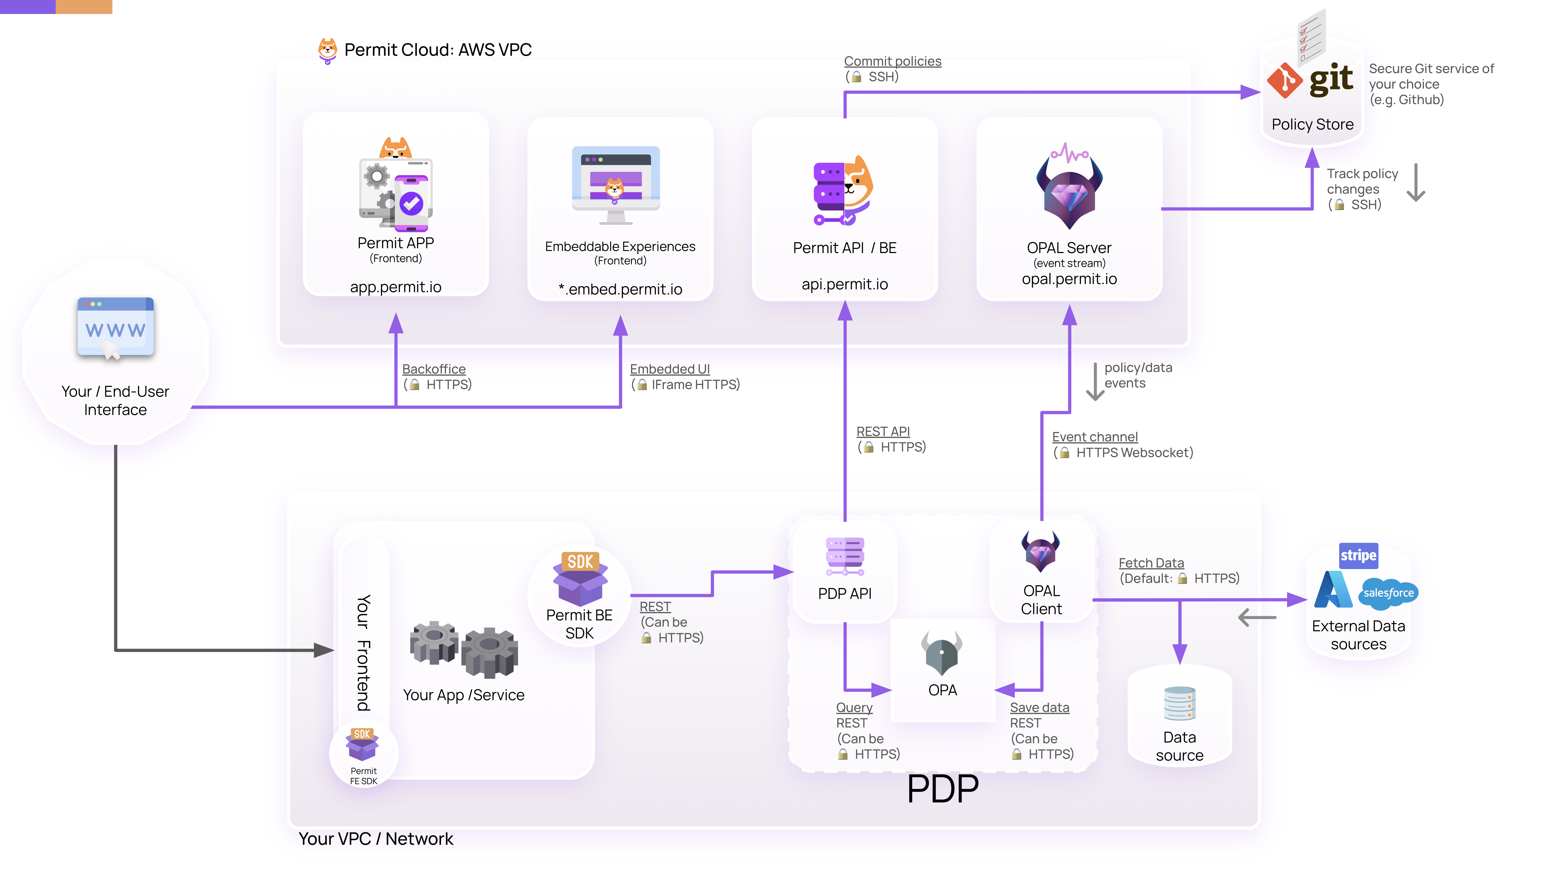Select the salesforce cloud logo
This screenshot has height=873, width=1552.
pos(1388,593)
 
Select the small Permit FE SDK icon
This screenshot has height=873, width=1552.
pos(362,743)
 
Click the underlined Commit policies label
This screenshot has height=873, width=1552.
pos(892,62)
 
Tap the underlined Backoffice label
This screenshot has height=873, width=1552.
pos(434,369)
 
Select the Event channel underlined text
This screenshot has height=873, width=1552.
pos(1095,437)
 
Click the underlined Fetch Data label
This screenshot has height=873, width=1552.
pos(1151,563)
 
